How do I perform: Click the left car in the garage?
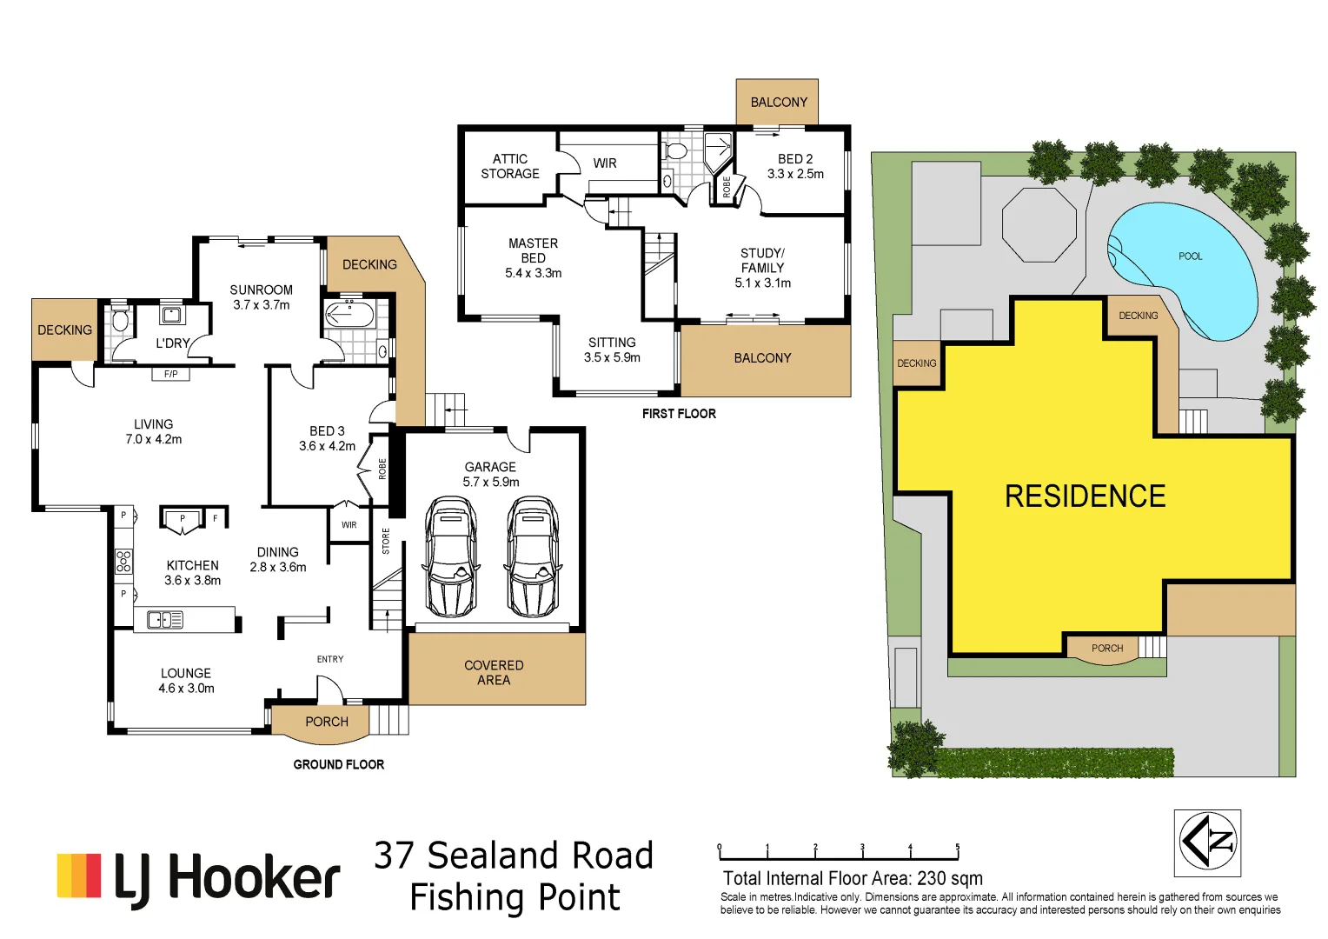pyautogui.click(x=451, y=556)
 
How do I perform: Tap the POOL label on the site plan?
pyautogui.click(x=1190, y=256)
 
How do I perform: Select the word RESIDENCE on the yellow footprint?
pyautogui.click(x=1085, y=496)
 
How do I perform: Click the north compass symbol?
pyautogui.click(x=1207, y=842)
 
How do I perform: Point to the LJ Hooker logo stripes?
pyautogui.click(x=79, y=876)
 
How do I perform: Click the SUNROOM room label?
pyautogui.click(x=261, y=290)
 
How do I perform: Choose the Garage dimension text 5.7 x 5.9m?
pyautogui.click(x=491, y=482)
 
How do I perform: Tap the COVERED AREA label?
pyautogui.click(x=494, y=673)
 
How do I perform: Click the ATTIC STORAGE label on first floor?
pyautogui.click(x=510, y=166)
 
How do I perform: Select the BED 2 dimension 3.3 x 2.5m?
pyautogui.click(x=795, y=174)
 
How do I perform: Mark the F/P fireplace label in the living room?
pyautogui.click(x=170, y=374)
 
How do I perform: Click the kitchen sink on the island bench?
pyautogui.click(x=165, y=620)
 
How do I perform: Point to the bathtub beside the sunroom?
pyautogui.click(x=349, y=314)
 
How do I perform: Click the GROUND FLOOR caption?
pyautogui.click(x=338, y=764)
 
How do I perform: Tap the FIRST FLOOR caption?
pyautogui.click(x=679, y=414)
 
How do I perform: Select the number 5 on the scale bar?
pyautogui.click(x=958, y=847)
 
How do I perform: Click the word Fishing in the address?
pyautogui.click(x=461, y=897)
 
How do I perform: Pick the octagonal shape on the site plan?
pyautogui.click(x=1039, y=223)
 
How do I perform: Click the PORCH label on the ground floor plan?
pyautogui.click(x=327, y=722)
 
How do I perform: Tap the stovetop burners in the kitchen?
pyautogui.click(x=124, y=561)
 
